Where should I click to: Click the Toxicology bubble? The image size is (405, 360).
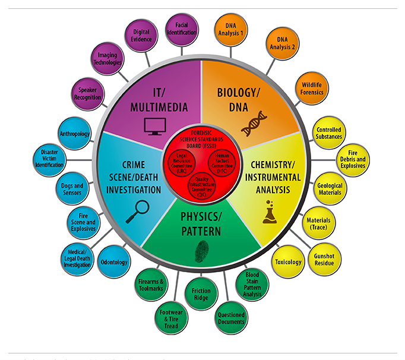click(x=288, y=262)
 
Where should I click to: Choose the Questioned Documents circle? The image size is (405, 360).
click(x=231, y=318)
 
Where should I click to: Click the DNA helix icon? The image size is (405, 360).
click(x=253, y=122)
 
